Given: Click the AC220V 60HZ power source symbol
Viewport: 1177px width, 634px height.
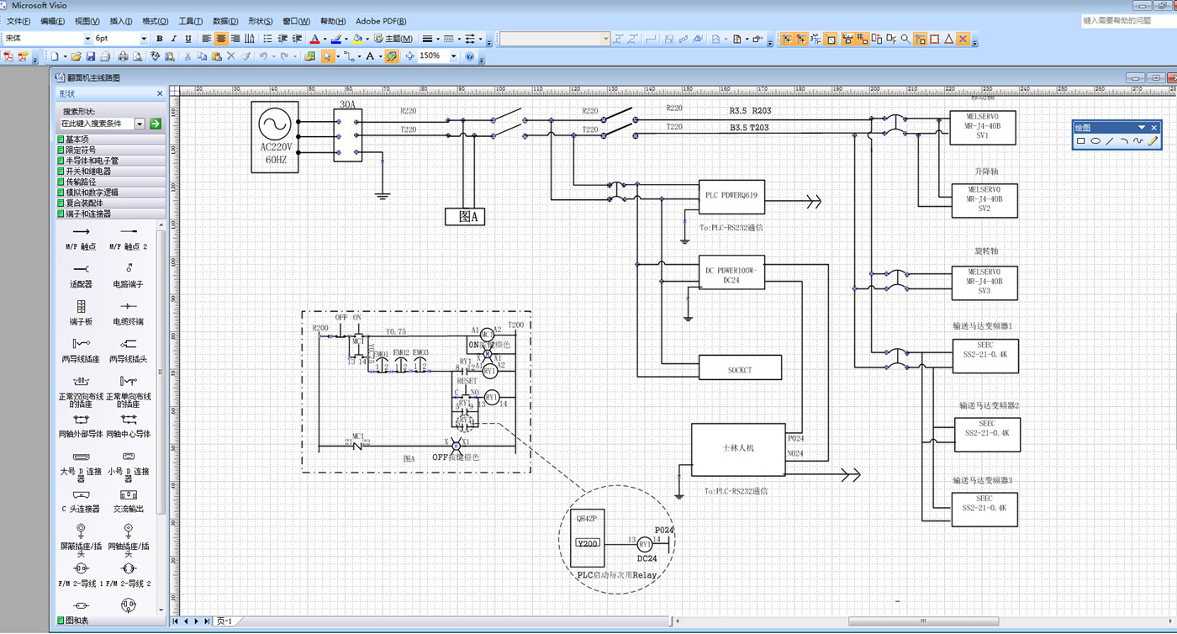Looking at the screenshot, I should coord(274,136).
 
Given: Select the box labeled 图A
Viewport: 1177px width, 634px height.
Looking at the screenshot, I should coord(465,216).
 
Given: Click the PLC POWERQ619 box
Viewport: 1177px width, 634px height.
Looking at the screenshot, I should coord(731,197).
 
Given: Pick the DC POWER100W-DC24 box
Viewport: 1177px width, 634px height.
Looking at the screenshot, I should coord(731,272).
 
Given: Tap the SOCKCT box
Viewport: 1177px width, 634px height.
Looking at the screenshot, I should coord(740,367).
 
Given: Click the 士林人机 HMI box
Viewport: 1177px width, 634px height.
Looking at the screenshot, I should coord(738,448).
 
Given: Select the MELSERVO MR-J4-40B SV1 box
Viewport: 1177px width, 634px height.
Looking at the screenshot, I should coord(983,127).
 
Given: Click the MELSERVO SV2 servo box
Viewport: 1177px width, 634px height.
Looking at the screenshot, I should coord(984,200).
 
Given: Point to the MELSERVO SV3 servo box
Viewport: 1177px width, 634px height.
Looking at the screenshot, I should coord(984,283).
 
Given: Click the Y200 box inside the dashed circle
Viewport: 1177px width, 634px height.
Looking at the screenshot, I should coord(588,543).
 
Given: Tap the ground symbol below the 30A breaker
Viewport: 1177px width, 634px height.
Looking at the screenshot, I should coord(383,196).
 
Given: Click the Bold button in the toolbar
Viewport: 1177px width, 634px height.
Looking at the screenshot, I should coord(160,39).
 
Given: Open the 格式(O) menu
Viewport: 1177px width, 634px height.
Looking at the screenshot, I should coord(155,21).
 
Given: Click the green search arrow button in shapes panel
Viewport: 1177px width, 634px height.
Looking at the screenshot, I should coord(155,124).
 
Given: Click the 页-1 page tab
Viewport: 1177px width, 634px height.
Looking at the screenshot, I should coord(224,621).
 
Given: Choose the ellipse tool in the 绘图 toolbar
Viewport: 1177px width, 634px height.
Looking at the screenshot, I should coord(1095,141).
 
